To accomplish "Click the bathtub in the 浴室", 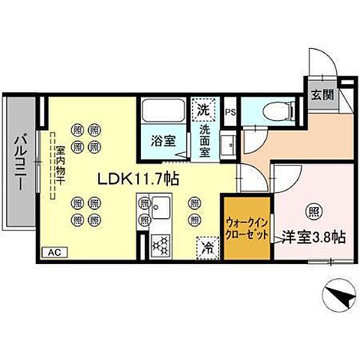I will pos(165,113).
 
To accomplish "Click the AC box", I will pos(53,253).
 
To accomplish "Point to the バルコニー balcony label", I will pos(22,162).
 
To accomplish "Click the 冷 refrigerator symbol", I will pos(205,246).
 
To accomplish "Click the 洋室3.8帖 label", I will pos(313,238).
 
